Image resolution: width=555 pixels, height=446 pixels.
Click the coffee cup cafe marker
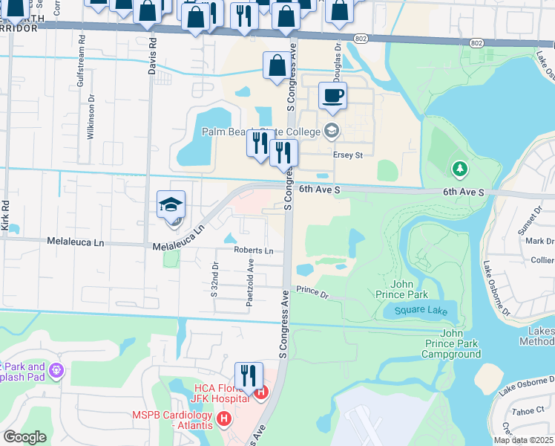point(332,96)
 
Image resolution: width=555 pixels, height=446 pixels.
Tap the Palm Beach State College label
point(261,132)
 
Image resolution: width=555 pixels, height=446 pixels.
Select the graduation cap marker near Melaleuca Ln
point(171,205)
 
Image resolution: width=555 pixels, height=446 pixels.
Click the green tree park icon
point(460,169)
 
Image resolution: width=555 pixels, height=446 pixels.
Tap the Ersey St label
point(347,155)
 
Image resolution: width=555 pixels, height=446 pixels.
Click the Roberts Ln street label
point(254,251)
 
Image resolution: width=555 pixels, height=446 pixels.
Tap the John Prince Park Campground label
point(451,343)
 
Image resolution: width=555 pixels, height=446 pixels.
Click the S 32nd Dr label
point(214,279)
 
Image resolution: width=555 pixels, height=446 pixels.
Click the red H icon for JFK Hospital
point(260,392)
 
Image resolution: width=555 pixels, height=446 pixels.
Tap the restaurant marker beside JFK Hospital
point(248,375)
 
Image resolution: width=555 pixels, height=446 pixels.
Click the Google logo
point(24,437)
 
